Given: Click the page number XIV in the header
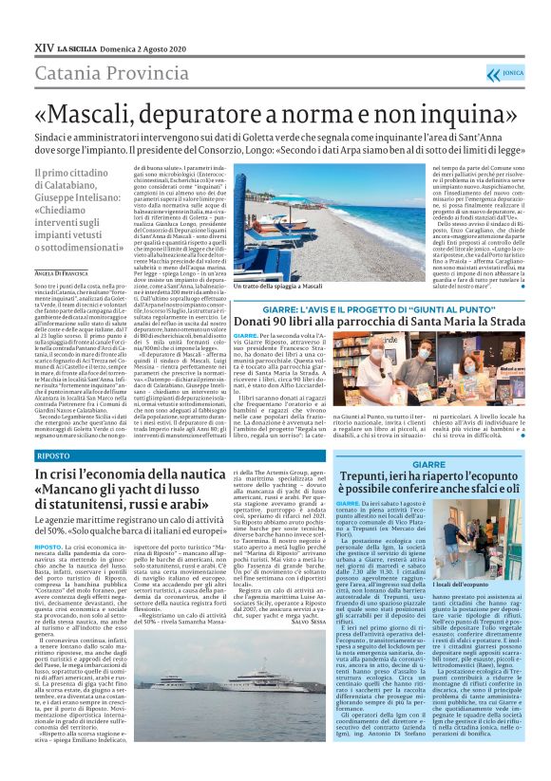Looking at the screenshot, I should click(44, 45).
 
